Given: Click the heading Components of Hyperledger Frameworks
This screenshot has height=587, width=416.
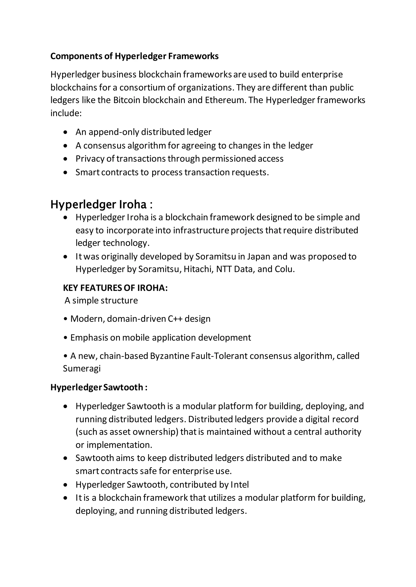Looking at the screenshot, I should pyautogui.click(x=134, y=56).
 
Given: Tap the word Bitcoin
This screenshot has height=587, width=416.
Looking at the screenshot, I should pyautogui.click(x=127, y=100).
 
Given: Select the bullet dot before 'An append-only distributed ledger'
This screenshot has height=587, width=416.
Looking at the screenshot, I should pyautogui.click(x=66, y=132).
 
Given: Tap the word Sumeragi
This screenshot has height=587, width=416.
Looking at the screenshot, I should pyautogui.click(x=82, y=369).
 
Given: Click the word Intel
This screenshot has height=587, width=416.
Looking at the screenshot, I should pyautogui.click(x=239, y=484).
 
